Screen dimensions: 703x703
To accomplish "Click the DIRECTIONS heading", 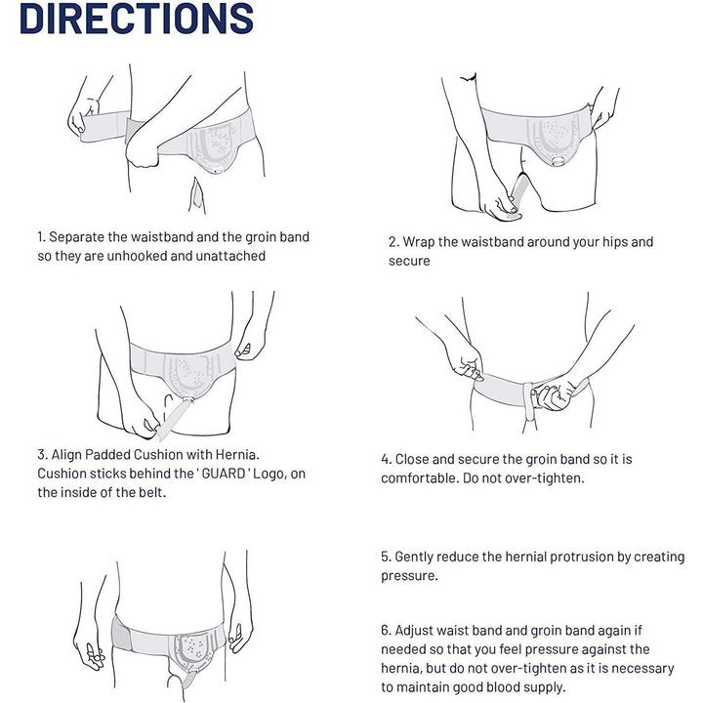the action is tap(137, 18).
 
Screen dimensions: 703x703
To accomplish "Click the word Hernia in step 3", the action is tap(237, 455).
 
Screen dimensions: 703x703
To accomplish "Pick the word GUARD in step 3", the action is tap(224, 474).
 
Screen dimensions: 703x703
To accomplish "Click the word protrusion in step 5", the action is tap(582, 558).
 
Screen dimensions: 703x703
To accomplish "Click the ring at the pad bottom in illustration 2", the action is tap(558, 161).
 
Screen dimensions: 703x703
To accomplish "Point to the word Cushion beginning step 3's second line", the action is tap(62, 474).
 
